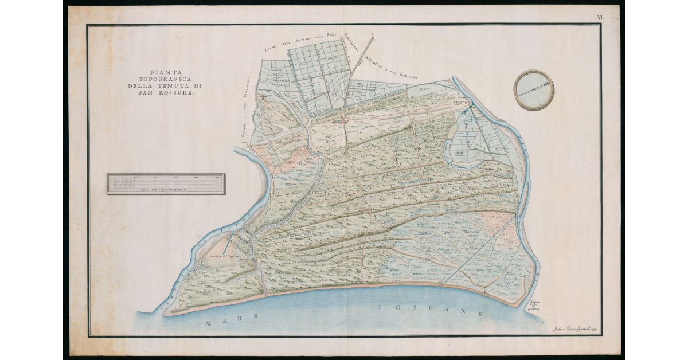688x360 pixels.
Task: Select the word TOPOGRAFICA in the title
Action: (161, 79)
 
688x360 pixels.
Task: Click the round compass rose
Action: (534, 90)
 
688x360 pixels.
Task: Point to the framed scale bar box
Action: (166, 184)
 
